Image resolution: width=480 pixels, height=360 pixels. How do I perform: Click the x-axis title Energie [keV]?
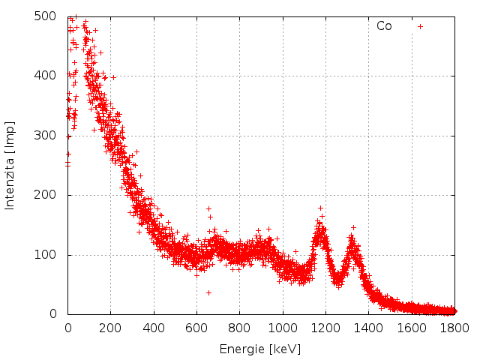[x=259, y=349]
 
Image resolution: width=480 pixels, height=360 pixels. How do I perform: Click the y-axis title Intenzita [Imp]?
[x=10, y=164]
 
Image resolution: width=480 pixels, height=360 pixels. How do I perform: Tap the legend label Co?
[x=384, y=26]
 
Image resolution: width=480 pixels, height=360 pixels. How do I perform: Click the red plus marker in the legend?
[x=420, y=26]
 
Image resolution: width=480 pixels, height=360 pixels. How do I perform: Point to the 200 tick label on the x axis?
[x=110, y=328]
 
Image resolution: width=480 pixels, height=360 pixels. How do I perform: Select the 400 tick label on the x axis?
[x=154, y=328]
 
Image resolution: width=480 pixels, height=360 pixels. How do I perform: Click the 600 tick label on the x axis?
[x=196, y=328]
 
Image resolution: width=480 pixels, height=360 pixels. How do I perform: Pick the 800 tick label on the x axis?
[x=239, y=328]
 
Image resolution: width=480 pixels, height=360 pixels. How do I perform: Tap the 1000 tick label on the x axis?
[x=282, y=328]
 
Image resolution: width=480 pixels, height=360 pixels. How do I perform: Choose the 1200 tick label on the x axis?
[x=325, y=328]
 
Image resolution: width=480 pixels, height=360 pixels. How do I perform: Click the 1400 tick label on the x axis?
[x=368, y=328]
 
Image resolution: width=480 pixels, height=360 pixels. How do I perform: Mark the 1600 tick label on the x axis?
[x=411, y=328]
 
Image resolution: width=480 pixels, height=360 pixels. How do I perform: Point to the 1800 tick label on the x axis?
[x=454, y=328]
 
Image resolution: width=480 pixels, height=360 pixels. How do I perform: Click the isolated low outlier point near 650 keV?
[x=208, y=292]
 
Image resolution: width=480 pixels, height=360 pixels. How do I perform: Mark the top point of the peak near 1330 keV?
[x=353, y=227]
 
